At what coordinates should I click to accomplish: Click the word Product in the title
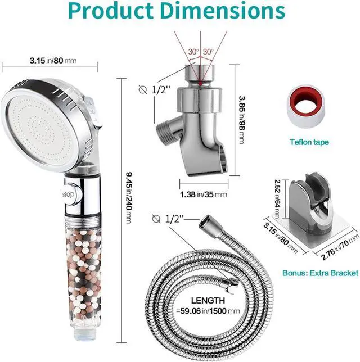(x=110, y=11)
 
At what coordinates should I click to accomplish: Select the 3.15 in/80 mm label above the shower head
(x=53, y=61)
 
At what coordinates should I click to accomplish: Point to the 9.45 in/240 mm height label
(x=129, y=198)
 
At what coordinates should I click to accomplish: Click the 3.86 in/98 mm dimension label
(x=242, y=120)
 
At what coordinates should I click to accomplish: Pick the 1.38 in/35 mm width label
(x=203, y=194)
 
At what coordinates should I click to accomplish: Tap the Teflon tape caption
(x=309, y=142)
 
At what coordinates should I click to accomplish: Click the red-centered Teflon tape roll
(x=306, y=107)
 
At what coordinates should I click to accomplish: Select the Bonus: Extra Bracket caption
(x=320, y=273)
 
